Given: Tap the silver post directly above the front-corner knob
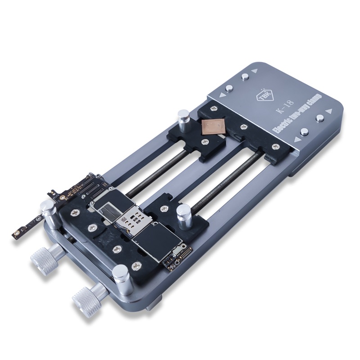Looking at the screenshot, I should point(121,275).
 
